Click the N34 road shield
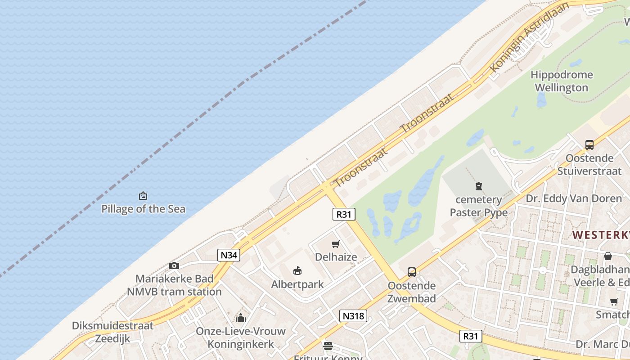[229, 255]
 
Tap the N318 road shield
[353, 316]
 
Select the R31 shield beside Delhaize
[344, 214]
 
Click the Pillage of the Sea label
[143, 209]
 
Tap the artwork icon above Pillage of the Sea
[143, 196]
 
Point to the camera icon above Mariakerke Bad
[174, 266]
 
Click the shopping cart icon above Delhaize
[335, 244]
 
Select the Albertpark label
[297, 284]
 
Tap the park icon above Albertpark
[297, 271]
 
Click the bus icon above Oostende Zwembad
[412, 272]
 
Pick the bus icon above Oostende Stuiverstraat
[589, 145]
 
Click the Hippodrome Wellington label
[562, 81]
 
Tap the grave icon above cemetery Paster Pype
[479, 186]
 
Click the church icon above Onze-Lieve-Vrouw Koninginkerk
[241, 318]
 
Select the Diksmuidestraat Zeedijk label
[112, 332]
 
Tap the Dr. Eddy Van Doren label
[574, 198]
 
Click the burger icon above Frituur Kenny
[328, 346]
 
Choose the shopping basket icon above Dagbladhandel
[608, 256]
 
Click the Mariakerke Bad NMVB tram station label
[174, 285]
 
